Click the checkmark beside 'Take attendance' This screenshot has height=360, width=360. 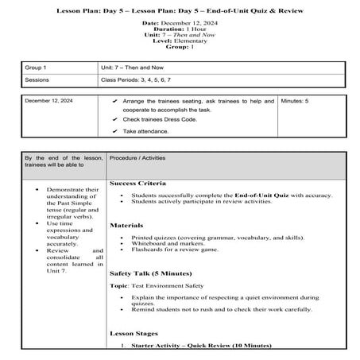click(x=115, y=131)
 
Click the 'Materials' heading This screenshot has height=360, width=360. click(x=126, y=226)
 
